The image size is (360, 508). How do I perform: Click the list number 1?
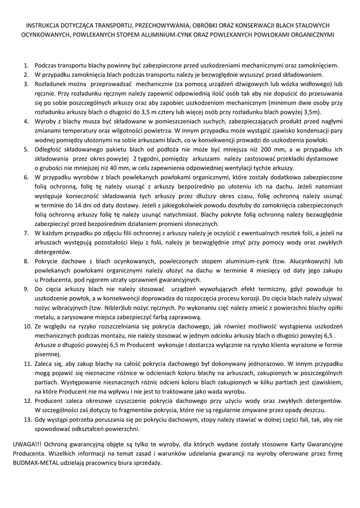click(x=26, y=65)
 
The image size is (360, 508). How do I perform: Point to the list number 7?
click(x=26, y=233)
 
